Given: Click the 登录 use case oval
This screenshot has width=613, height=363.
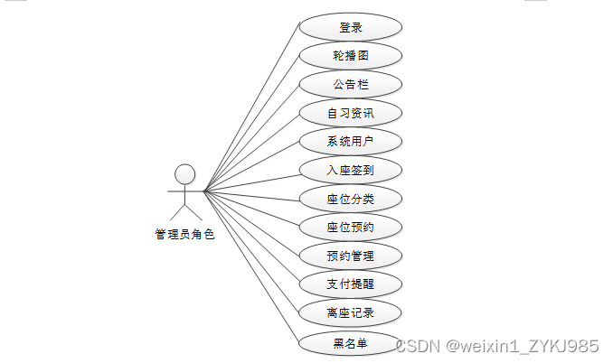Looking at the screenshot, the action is pyautogui.click(x=350, y=27).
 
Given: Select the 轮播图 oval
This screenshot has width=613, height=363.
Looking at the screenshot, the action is pyautogui.click(x=350, y=56).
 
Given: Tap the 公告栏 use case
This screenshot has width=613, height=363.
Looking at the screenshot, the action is pyautogui.click(x=350, y=85).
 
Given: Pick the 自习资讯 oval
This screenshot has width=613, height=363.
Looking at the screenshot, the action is pyautogui.click(x=350, y=114).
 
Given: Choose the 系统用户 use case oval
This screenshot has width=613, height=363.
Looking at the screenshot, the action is pyautogui.click(x=350, y=142).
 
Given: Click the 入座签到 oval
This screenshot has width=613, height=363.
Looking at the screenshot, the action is pyautogui.click(x=350, y=171).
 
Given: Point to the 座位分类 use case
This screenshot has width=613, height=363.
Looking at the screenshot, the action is pyautogui.click(x=350, y=200).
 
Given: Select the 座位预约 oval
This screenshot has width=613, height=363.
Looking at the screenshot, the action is pyautogui.click(x=350, y=228).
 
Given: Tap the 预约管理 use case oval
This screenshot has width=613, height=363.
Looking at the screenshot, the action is pyautogui.click(x=350, y=256).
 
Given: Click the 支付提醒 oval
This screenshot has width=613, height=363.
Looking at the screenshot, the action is pyautogui.click(x=350, y=285).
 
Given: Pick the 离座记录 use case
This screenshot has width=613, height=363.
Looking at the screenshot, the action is pyautogui.click(x=350, y=314).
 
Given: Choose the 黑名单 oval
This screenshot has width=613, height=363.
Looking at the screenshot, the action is pyautogui.click(x=350, y=343).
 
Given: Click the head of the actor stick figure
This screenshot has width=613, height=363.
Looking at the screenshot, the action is pyautogui.click(x=184, y=173).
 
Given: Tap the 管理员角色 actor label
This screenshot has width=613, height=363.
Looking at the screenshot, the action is pyautogui.click(x=184, y=235).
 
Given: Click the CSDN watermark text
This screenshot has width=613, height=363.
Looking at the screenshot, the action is pyautogui.click(x=497, y=346).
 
